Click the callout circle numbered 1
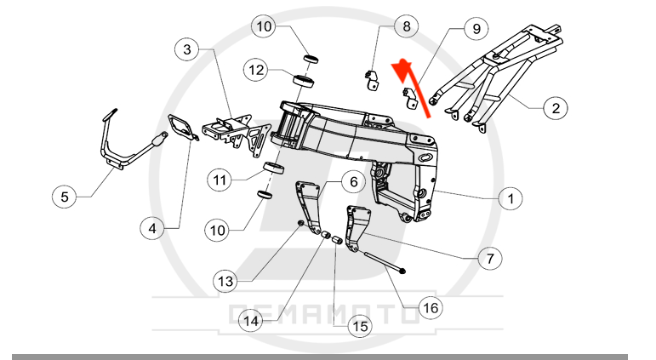511,198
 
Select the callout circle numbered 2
556,108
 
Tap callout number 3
187,49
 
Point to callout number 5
65,197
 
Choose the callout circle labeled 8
406,26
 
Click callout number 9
476,28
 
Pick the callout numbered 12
256,70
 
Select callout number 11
220,180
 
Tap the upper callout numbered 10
264,26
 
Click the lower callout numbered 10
217,231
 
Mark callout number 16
431,308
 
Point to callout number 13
225,281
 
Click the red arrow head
402,68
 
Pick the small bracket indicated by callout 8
372,80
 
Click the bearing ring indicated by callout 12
304,81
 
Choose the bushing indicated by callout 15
337,242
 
